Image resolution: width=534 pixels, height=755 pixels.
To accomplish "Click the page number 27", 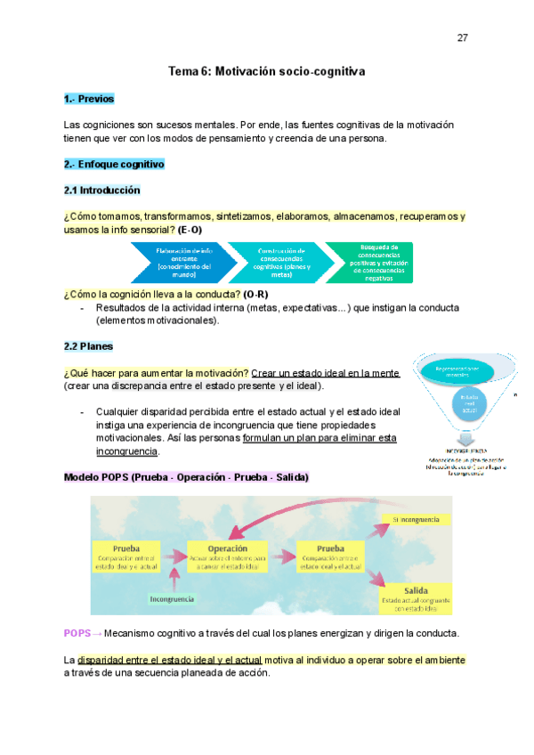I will [x=462, y=38].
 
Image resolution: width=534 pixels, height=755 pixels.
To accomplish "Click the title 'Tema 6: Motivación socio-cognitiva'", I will [x=267, y=70].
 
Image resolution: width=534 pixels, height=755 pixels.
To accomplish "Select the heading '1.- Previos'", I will [x=89, y=99].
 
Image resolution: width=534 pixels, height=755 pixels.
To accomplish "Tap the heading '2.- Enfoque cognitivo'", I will [x=114, y=165].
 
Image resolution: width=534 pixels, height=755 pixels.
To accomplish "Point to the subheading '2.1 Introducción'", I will [x=101, y=191].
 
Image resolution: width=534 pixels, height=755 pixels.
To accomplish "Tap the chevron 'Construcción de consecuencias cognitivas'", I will [x=279, y=262].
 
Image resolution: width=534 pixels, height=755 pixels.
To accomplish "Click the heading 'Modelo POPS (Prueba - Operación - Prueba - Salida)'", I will [x=186, y=477].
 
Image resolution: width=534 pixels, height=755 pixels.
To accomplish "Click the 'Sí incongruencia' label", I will [x=418, y=518].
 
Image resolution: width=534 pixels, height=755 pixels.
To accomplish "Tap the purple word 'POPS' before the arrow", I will [x=77, y=633].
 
